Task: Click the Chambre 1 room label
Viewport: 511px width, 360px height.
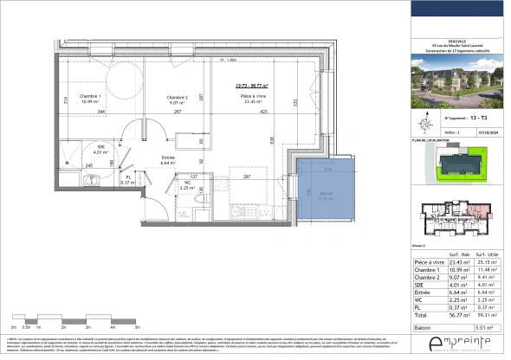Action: [91, 96]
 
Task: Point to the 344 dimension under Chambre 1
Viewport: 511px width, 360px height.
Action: [101, 112]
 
